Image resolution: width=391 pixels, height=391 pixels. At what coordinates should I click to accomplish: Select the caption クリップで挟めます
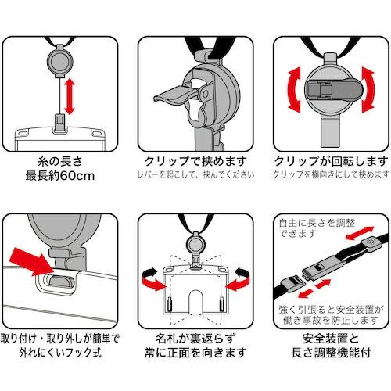[195, 160]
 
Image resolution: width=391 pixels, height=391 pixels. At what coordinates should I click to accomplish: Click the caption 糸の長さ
[62, 160]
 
